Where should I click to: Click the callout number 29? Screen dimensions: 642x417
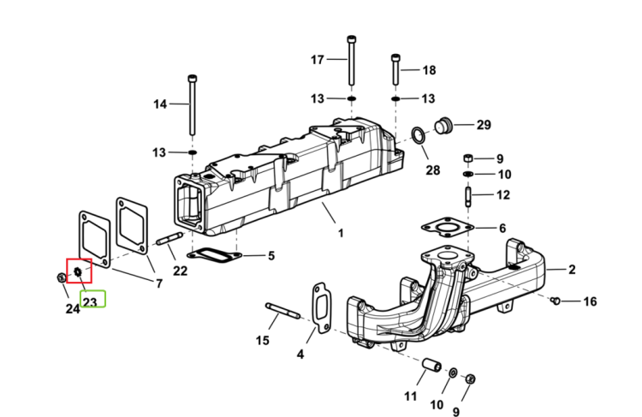pos(484,124)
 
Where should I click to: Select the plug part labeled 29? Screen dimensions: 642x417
pos(443,125)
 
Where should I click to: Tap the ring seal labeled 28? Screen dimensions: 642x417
pos(418,135)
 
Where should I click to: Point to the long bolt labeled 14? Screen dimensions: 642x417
pos(192,104)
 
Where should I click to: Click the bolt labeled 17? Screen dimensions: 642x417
pos(351,61)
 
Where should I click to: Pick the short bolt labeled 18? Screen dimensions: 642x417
pos(395,69)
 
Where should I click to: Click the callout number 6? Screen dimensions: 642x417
pos(502,228)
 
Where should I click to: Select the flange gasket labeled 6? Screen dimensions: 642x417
pos(448,227)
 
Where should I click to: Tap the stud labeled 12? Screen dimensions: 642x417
pos(468,197)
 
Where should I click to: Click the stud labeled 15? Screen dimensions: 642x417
pos(282,311)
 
